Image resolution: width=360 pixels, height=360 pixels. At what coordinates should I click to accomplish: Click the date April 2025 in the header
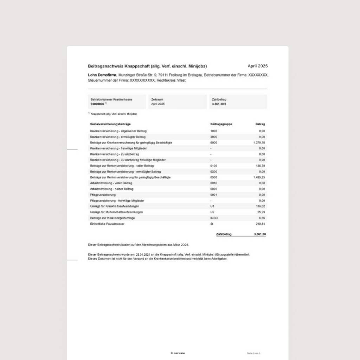[257, 66]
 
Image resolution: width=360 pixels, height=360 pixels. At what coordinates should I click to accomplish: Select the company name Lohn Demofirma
[102, 75]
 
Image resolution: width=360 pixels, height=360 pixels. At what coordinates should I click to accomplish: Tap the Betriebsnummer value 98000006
[97, 104]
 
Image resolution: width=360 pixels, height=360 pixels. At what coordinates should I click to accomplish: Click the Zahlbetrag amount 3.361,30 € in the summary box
[219, 104]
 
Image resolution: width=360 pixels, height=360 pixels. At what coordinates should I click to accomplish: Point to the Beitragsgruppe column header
[221, 124]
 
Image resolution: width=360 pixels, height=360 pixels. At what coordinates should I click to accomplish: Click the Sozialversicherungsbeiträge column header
[110, 124]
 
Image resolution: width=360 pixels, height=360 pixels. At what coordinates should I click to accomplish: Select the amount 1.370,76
[259, 143]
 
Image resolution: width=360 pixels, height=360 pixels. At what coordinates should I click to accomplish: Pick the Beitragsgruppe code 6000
[214, 143]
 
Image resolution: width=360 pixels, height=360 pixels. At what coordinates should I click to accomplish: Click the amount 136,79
[261, 166]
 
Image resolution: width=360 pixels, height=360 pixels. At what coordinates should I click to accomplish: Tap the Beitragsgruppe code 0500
[214, 178]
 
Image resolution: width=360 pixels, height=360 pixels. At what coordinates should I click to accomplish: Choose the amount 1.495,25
[259, 178]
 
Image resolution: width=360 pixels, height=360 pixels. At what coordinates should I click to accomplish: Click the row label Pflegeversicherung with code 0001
[103, 195]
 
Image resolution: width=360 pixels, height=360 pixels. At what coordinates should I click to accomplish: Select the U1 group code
[212, 206]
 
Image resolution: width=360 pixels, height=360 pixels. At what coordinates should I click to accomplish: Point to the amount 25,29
[261, 212]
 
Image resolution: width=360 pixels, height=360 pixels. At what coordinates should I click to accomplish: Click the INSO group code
[214, 218]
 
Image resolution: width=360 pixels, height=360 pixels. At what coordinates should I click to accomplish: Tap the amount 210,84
[261, 224]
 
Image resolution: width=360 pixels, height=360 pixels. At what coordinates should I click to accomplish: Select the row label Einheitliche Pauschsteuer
[107, 224]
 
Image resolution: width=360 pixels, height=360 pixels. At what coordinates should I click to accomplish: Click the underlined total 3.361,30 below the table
[260, 234]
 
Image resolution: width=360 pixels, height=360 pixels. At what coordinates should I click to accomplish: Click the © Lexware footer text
[178, 353]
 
